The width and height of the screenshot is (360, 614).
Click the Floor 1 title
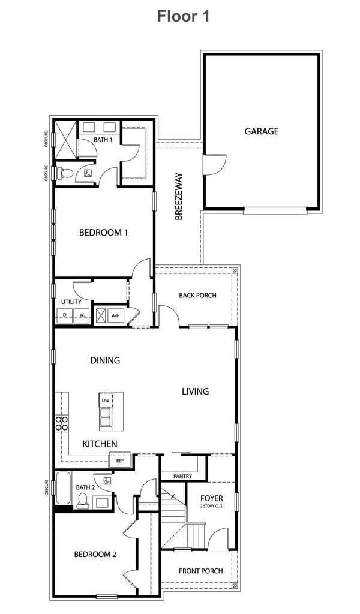pos(184,16)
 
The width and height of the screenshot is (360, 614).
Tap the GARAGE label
pos(261,131)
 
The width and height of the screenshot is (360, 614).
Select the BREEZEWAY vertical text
pos(179,197)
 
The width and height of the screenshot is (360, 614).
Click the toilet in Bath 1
pos(64,174)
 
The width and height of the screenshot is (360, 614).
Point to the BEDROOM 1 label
pos(103,233)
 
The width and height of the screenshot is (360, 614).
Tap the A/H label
pos(116,315)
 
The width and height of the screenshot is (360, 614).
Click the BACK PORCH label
pos(197,296)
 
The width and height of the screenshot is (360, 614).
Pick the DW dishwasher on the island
pos(105,400)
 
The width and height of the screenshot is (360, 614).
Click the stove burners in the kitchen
pos(61,424)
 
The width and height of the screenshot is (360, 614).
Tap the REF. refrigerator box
pos(120,461)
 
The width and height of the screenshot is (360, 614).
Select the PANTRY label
pos(183,477)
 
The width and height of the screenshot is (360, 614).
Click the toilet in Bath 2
pos(83,501)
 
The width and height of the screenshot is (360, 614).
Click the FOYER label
pos(211,498)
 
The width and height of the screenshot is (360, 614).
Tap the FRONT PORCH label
pos(201,571)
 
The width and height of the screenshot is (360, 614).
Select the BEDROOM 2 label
pos(95,555)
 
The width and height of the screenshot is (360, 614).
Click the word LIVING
pos(196,392)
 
